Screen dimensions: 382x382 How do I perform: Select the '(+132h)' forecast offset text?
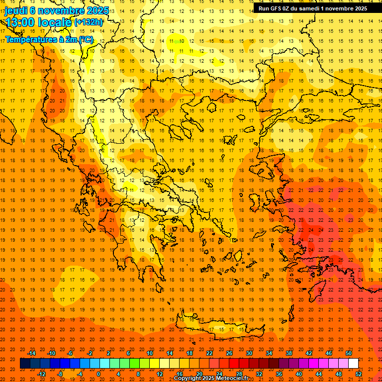coord(88,22)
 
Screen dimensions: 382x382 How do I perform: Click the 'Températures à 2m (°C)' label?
coord(49,39)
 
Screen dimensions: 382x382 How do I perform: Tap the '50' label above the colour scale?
coord(348,353)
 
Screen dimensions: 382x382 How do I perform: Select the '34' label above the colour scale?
coord(269,353)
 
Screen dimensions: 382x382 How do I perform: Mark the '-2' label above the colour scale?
coord(90,353)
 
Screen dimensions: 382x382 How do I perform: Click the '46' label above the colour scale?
coord(328,353)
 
